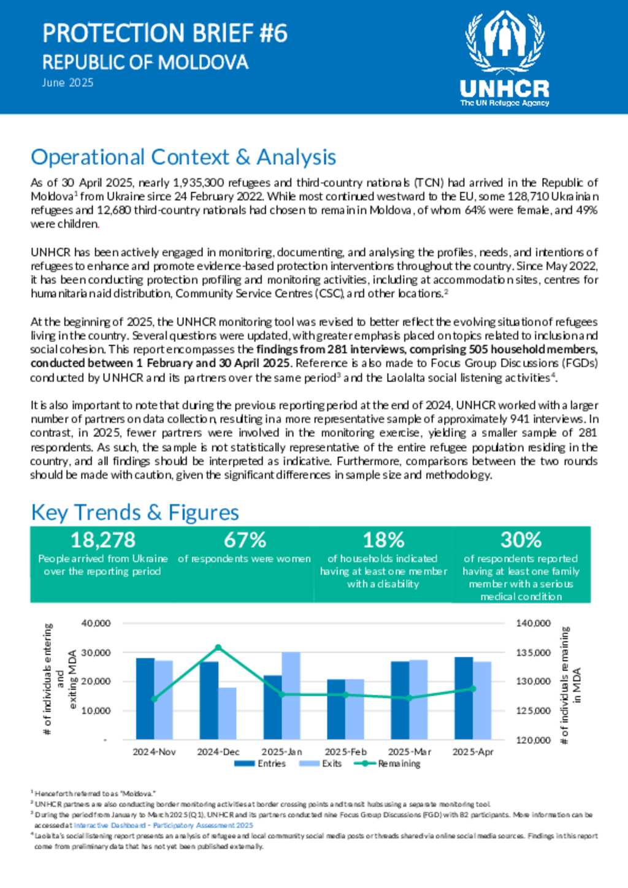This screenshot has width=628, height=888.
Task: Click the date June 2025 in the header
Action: click(67, 83)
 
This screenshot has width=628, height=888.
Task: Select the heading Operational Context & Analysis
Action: click(183, 157)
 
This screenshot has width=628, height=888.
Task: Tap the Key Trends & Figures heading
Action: click(135, 512)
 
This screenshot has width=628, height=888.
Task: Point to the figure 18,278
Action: click(102, 540)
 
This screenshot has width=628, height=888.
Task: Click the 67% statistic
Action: click(245, 540)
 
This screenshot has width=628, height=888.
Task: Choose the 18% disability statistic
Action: click(383, 540)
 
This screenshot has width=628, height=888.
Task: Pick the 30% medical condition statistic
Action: click(521, 540)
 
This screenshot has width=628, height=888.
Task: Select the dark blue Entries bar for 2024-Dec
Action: click(209, 700)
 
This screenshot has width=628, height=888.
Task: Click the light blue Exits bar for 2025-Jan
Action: click(291, 696)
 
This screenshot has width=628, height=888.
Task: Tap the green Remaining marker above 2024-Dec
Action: click(218, 647)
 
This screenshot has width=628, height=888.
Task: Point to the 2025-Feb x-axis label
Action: click(345, 751)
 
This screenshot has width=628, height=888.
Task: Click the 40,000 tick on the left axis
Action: click(96, 623)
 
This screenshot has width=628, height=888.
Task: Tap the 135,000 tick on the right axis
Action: click(533, 653)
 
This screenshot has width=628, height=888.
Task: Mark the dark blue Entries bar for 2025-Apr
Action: click(464, 698)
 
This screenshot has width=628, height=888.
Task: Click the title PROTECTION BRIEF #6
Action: click(165, 33)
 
